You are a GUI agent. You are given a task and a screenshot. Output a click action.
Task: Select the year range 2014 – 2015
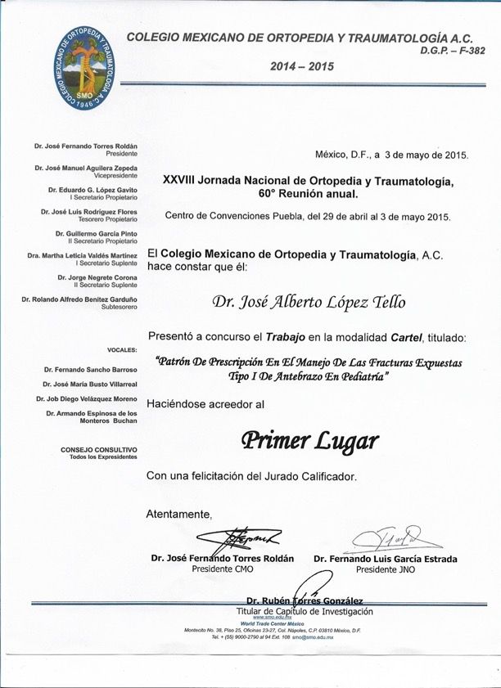[x=302, y=67]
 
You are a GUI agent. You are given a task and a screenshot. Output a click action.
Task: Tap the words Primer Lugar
[x=309, y=440]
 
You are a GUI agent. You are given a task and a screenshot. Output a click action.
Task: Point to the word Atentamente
[x=178, y=514]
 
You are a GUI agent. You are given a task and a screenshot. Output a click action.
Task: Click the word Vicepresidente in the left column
[x=115, y=175]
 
